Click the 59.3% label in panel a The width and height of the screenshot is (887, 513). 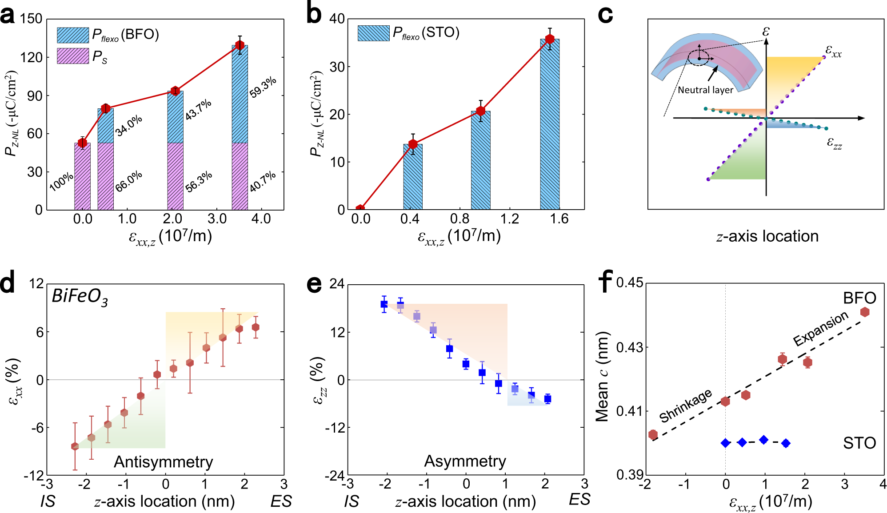click(x=263, y=87)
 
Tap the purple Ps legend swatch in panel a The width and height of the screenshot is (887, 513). click(x=73, y=56)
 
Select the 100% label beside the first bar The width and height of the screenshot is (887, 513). click(x=61, y=182)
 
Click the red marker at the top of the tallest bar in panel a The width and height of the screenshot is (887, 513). click(x=240, y=45)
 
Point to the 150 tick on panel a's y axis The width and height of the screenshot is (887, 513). click(x=31, y=19)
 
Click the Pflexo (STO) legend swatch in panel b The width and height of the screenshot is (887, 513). click(x=373, y=33)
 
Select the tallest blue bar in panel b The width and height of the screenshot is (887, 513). click(x=550, y=124)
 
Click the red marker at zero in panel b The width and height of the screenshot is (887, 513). click(x=360, y=209)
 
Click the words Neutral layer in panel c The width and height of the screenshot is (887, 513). click(x=705, y=90)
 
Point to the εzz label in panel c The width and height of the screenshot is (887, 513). click(x=834, y=143)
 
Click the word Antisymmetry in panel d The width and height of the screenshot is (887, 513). click(x=163, y=462)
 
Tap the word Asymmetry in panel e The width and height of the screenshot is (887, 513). click(x=465, y=461)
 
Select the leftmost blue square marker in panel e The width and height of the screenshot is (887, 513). click(x=384, y=304)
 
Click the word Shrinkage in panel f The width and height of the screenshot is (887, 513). click(x=686, y=406)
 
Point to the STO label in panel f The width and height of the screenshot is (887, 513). click(x=859, y=443)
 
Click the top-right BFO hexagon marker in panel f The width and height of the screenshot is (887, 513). click(x=865, y=312)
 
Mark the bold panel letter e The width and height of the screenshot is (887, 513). click(x=314, y=284)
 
